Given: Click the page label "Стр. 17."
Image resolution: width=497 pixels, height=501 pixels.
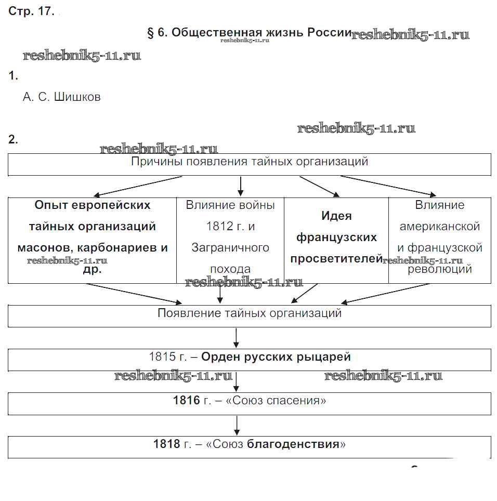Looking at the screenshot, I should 31,11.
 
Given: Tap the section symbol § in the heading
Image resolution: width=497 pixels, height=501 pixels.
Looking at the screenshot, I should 152,33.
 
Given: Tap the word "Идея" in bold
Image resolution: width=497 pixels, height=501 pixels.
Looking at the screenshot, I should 336,216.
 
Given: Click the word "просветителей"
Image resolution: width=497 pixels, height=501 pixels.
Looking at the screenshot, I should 336,259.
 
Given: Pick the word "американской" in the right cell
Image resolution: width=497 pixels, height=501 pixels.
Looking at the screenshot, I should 439,227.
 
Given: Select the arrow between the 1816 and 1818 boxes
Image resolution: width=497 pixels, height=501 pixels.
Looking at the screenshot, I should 237,425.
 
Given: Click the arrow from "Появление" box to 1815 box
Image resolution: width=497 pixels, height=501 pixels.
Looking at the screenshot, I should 237,338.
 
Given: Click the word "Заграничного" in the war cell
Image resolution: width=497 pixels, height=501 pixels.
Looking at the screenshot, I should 230,248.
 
